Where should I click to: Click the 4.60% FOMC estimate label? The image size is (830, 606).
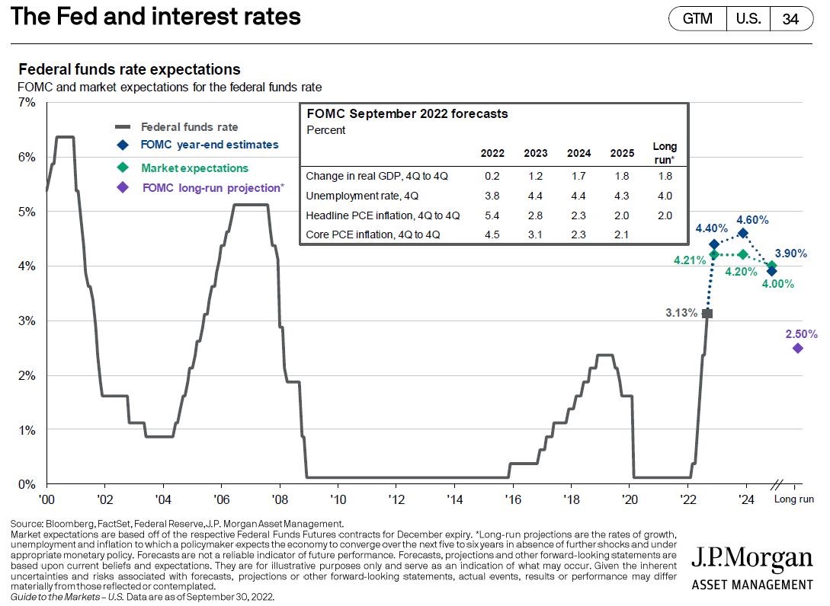[x=752, y=219]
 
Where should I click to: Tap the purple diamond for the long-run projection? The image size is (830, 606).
[x=797, y=348]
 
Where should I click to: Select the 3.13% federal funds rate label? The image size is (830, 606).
[x=681, y=313]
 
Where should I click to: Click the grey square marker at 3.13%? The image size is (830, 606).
[x=707, y=313]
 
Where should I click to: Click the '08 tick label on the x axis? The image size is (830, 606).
[x=279, y=499]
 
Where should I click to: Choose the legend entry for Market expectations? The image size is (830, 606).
[x=194, y=167]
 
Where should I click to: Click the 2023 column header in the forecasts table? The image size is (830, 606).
[x=535, y=152]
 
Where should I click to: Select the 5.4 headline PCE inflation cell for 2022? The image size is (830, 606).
[x=492, y=215]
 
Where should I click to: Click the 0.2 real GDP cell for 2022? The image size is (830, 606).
[x=492, y=176]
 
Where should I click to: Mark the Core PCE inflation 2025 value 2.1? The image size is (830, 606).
[x=622, y=235]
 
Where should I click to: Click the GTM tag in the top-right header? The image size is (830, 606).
[x=697, y=19]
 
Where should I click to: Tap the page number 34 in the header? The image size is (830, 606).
[x=790, y=19]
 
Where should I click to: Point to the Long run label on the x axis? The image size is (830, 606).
[x=794, y=499]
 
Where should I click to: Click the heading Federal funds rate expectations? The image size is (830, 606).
[x=129, y=69]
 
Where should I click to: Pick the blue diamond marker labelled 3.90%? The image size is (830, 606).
[x=771, y=271]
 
